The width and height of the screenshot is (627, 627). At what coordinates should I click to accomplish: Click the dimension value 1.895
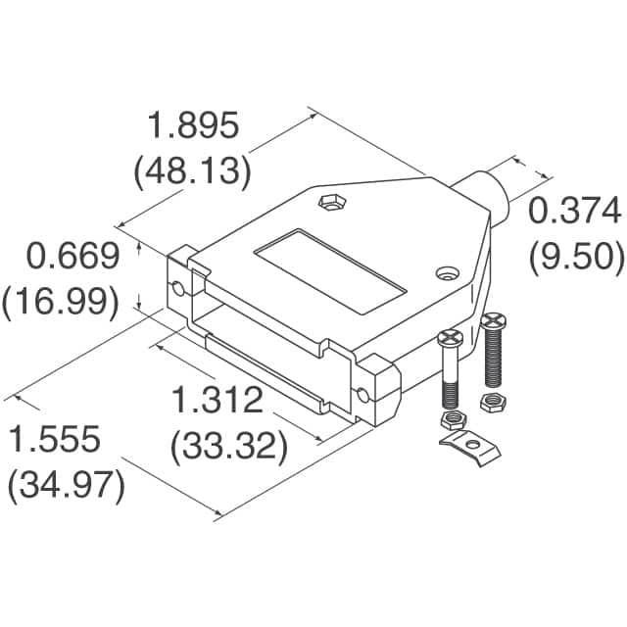point(192,126)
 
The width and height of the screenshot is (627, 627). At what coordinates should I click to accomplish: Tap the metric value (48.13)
point(192,171)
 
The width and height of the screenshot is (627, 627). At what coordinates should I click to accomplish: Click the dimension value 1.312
point(217,401)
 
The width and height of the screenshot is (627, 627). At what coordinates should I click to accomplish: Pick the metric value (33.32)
point(228,448)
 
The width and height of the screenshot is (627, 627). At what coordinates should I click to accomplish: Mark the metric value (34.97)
point(66,487)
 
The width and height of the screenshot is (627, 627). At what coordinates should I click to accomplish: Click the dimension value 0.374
point(576,210)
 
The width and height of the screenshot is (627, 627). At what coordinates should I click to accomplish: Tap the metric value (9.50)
point(576,256)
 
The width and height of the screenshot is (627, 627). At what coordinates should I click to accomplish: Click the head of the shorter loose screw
point(450,339)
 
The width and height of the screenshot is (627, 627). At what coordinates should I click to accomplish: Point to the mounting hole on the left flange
point(178,289)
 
